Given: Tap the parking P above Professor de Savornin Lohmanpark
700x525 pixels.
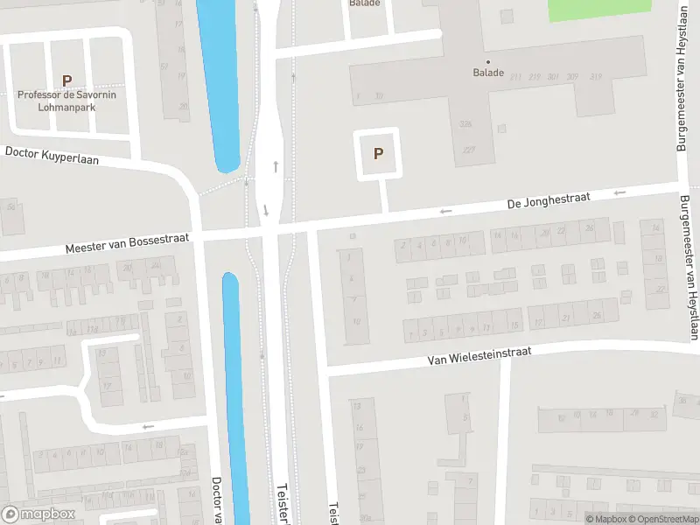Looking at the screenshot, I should [x=66, y=80].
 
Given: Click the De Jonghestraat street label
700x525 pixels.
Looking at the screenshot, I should [x=549, y=201].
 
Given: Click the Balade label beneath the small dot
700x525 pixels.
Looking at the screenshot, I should [x=488, y=73].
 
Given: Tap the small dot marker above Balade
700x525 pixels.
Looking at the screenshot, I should [x=488, y=61].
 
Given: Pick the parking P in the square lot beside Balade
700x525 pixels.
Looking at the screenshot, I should [x=378, y=154].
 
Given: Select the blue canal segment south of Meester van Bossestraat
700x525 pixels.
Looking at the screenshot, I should [x=234, y=394].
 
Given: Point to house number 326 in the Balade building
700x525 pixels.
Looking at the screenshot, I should [x=466, y=124].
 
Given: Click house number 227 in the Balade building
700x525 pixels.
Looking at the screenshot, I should [x=469, y=150].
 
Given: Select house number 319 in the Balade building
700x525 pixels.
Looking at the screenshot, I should [x=596, y=77].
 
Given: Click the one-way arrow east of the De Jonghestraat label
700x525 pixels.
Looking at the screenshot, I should [x=621, y=192].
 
